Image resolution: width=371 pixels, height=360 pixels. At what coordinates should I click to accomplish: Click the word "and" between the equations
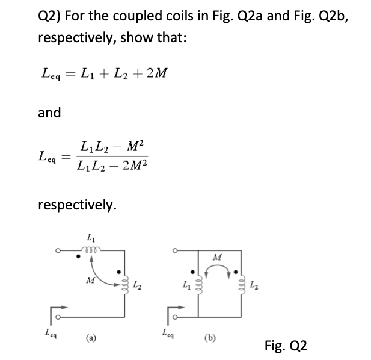(49, 113)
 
